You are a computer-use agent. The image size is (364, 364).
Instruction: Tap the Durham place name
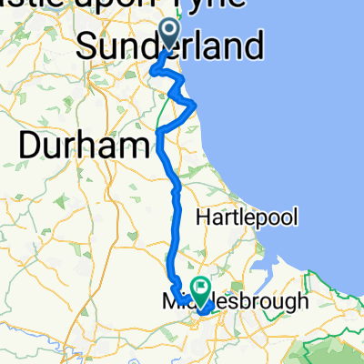pyautogui.click(x=83, y=144)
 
